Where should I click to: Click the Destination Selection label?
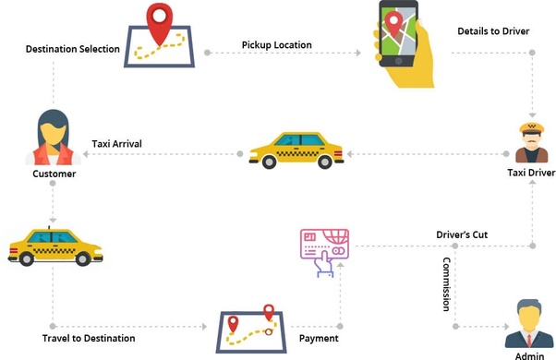coord(72,48)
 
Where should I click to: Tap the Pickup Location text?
coord(276,44)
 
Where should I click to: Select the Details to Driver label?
coord(492,31)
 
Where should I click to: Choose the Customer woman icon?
coord(54,137)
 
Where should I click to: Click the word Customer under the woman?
coord(54,173)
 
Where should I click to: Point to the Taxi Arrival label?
coord(116,144)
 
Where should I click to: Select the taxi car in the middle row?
coord(296,149)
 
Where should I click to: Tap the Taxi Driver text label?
coord(530,173)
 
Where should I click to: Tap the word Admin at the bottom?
coord(531,354)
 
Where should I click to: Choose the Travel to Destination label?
coord(89,339)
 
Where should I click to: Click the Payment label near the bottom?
coord(318,339)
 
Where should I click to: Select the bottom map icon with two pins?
coord(250,330)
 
